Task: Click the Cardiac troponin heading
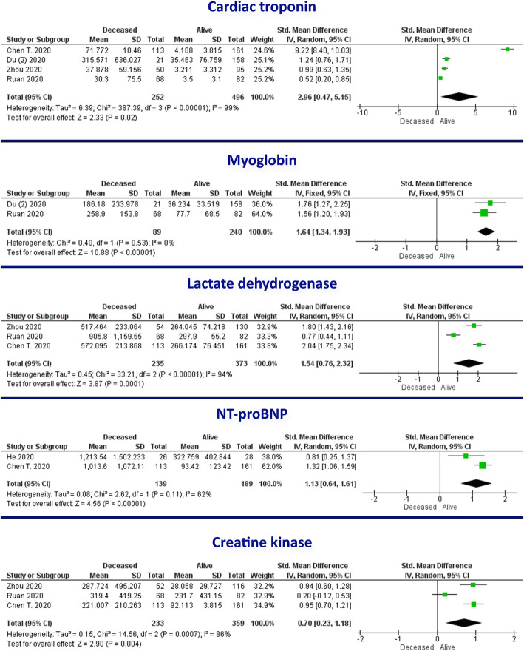pos(261,9)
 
